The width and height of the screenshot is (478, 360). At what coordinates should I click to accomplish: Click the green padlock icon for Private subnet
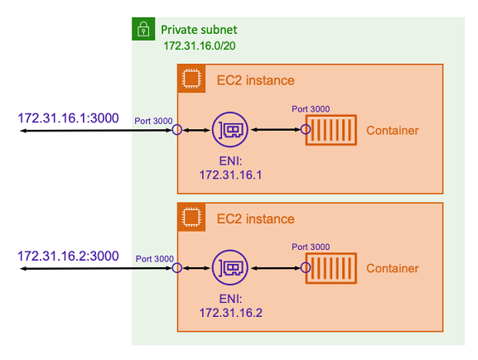point(143,30)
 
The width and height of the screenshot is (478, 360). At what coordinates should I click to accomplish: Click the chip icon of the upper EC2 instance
point(191,80)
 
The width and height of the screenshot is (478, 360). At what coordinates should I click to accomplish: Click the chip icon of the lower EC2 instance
point(191,218)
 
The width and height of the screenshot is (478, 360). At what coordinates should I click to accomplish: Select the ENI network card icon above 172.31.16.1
point(230,130)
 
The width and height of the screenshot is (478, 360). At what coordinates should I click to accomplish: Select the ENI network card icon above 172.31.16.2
point(230,268)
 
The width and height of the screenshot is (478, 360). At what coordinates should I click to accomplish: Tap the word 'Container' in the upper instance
point(392,131)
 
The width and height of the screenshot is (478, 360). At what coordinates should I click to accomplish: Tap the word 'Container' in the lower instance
point(392,269)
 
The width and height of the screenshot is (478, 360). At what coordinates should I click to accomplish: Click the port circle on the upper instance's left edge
point(176,131)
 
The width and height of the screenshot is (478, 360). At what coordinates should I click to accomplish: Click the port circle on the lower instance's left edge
point(176,269)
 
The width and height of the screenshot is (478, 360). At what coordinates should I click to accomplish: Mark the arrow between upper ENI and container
point(276,131)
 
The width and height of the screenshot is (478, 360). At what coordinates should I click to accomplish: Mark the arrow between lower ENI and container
point(276,269)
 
